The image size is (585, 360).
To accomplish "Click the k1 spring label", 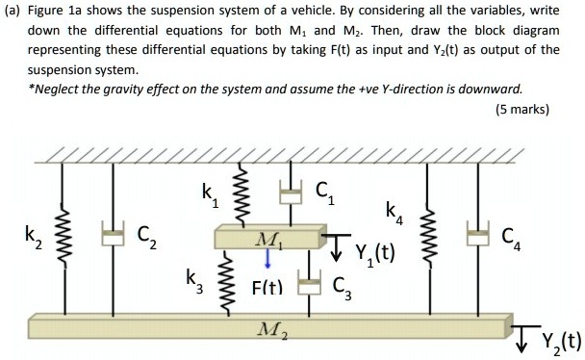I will coord(210,195).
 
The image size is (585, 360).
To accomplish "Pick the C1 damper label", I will coord(323,193).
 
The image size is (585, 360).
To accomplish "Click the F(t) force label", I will coord(267,286).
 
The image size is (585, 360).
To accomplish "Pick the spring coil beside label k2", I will coord(66,238).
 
